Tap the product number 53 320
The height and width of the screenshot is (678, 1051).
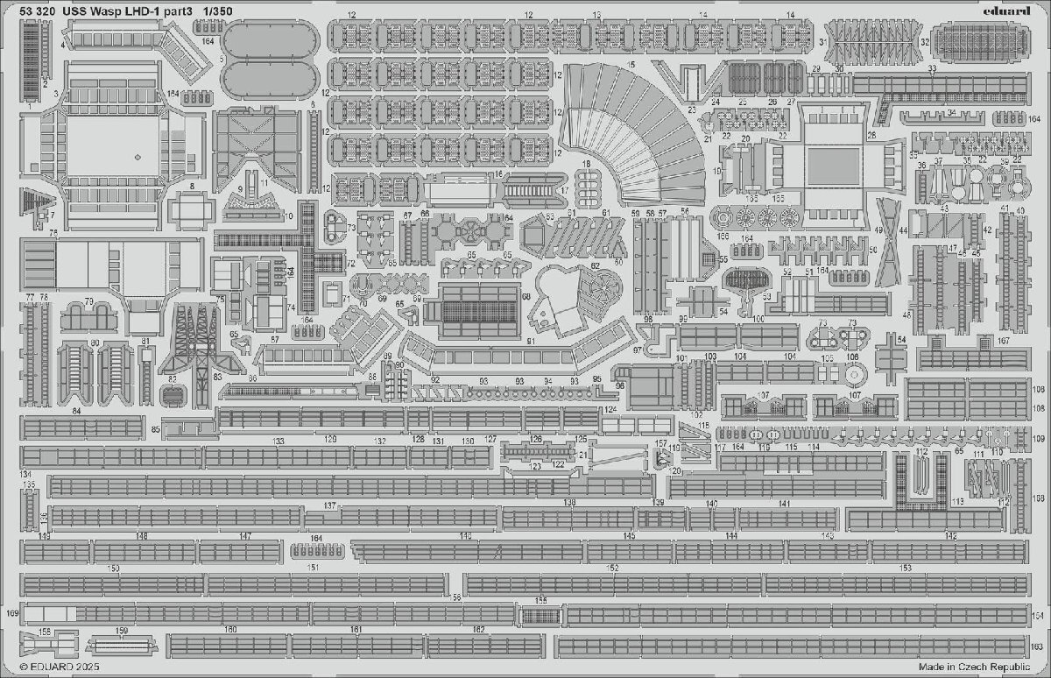32,11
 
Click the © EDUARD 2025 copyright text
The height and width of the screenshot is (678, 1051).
53,667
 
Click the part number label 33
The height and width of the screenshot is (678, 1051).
933,68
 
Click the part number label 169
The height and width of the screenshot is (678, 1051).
11,612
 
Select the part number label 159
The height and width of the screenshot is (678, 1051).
122,631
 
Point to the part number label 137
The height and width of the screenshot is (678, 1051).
330,506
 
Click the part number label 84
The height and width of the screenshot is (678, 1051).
76,411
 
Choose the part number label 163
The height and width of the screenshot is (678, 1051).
1036,646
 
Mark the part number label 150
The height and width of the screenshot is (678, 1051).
113,569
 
